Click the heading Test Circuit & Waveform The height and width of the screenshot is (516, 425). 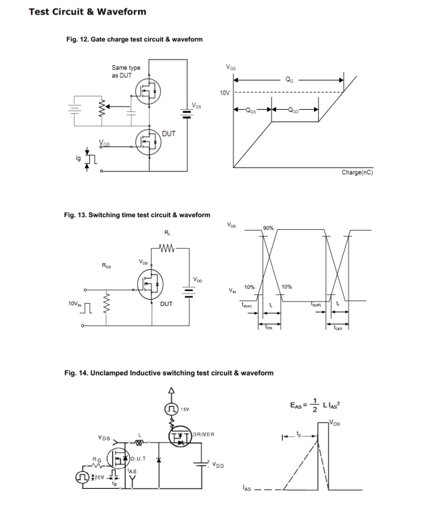point(88,12)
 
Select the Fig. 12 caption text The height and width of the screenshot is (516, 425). point(133,39)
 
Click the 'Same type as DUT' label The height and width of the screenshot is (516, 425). point(126,71)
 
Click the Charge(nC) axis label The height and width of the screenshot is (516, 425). point(357,172)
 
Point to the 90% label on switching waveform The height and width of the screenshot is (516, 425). point(268,227)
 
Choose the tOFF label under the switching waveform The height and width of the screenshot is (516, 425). point(338,329)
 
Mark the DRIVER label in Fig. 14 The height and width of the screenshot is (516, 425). point(203,433)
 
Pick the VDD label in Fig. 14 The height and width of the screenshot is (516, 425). point(219,465)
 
